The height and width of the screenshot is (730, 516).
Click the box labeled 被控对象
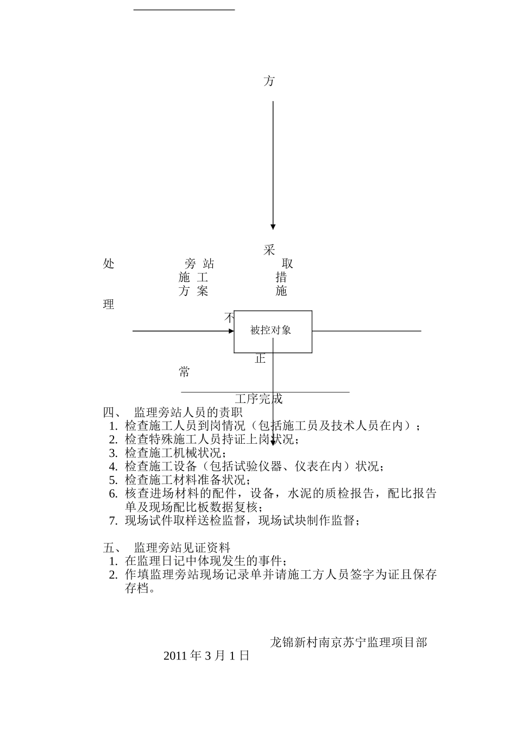[273, 331]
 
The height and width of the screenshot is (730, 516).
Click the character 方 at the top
[269, 81]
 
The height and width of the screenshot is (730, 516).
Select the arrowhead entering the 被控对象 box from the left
[231, 331]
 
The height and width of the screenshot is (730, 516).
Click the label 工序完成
[259, 399]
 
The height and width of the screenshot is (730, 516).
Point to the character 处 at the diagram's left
[109, 264]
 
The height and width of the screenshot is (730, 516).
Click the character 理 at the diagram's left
[109, 305]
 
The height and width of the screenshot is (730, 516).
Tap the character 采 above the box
[269, 250]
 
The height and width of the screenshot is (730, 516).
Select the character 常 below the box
[185, 372]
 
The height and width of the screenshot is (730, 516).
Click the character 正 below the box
[260, 358]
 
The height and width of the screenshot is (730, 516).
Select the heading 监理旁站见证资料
[182, 547]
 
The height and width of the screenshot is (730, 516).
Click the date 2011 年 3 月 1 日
[206, 656]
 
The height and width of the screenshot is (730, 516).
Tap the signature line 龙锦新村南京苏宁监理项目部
[348, 643]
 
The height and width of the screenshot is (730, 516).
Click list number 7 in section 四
[113, 521]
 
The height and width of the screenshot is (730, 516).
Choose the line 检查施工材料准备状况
[187, 480]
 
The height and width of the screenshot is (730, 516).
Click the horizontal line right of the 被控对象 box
[367, 331]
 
